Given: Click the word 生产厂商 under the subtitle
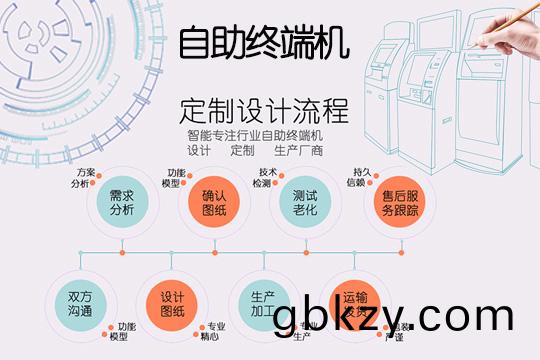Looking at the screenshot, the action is tap(298, 151).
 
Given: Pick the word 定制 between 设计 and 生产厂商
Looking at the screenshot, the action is tap(243, 151).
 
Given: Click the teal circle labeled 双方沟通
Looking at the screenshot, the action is tap(80, 303).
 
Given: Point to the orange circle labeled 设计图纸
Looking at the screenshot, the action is tap(173, 303).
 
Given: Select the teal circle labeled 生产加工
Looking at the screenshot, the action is tap(263, 303).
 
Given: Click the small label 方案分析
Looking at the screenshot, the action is tap(84, 178).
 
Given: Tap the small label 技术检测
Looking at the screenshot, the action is tap(264, 178).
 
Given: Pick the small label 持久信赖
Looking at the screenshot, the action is tap(357, 177).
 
